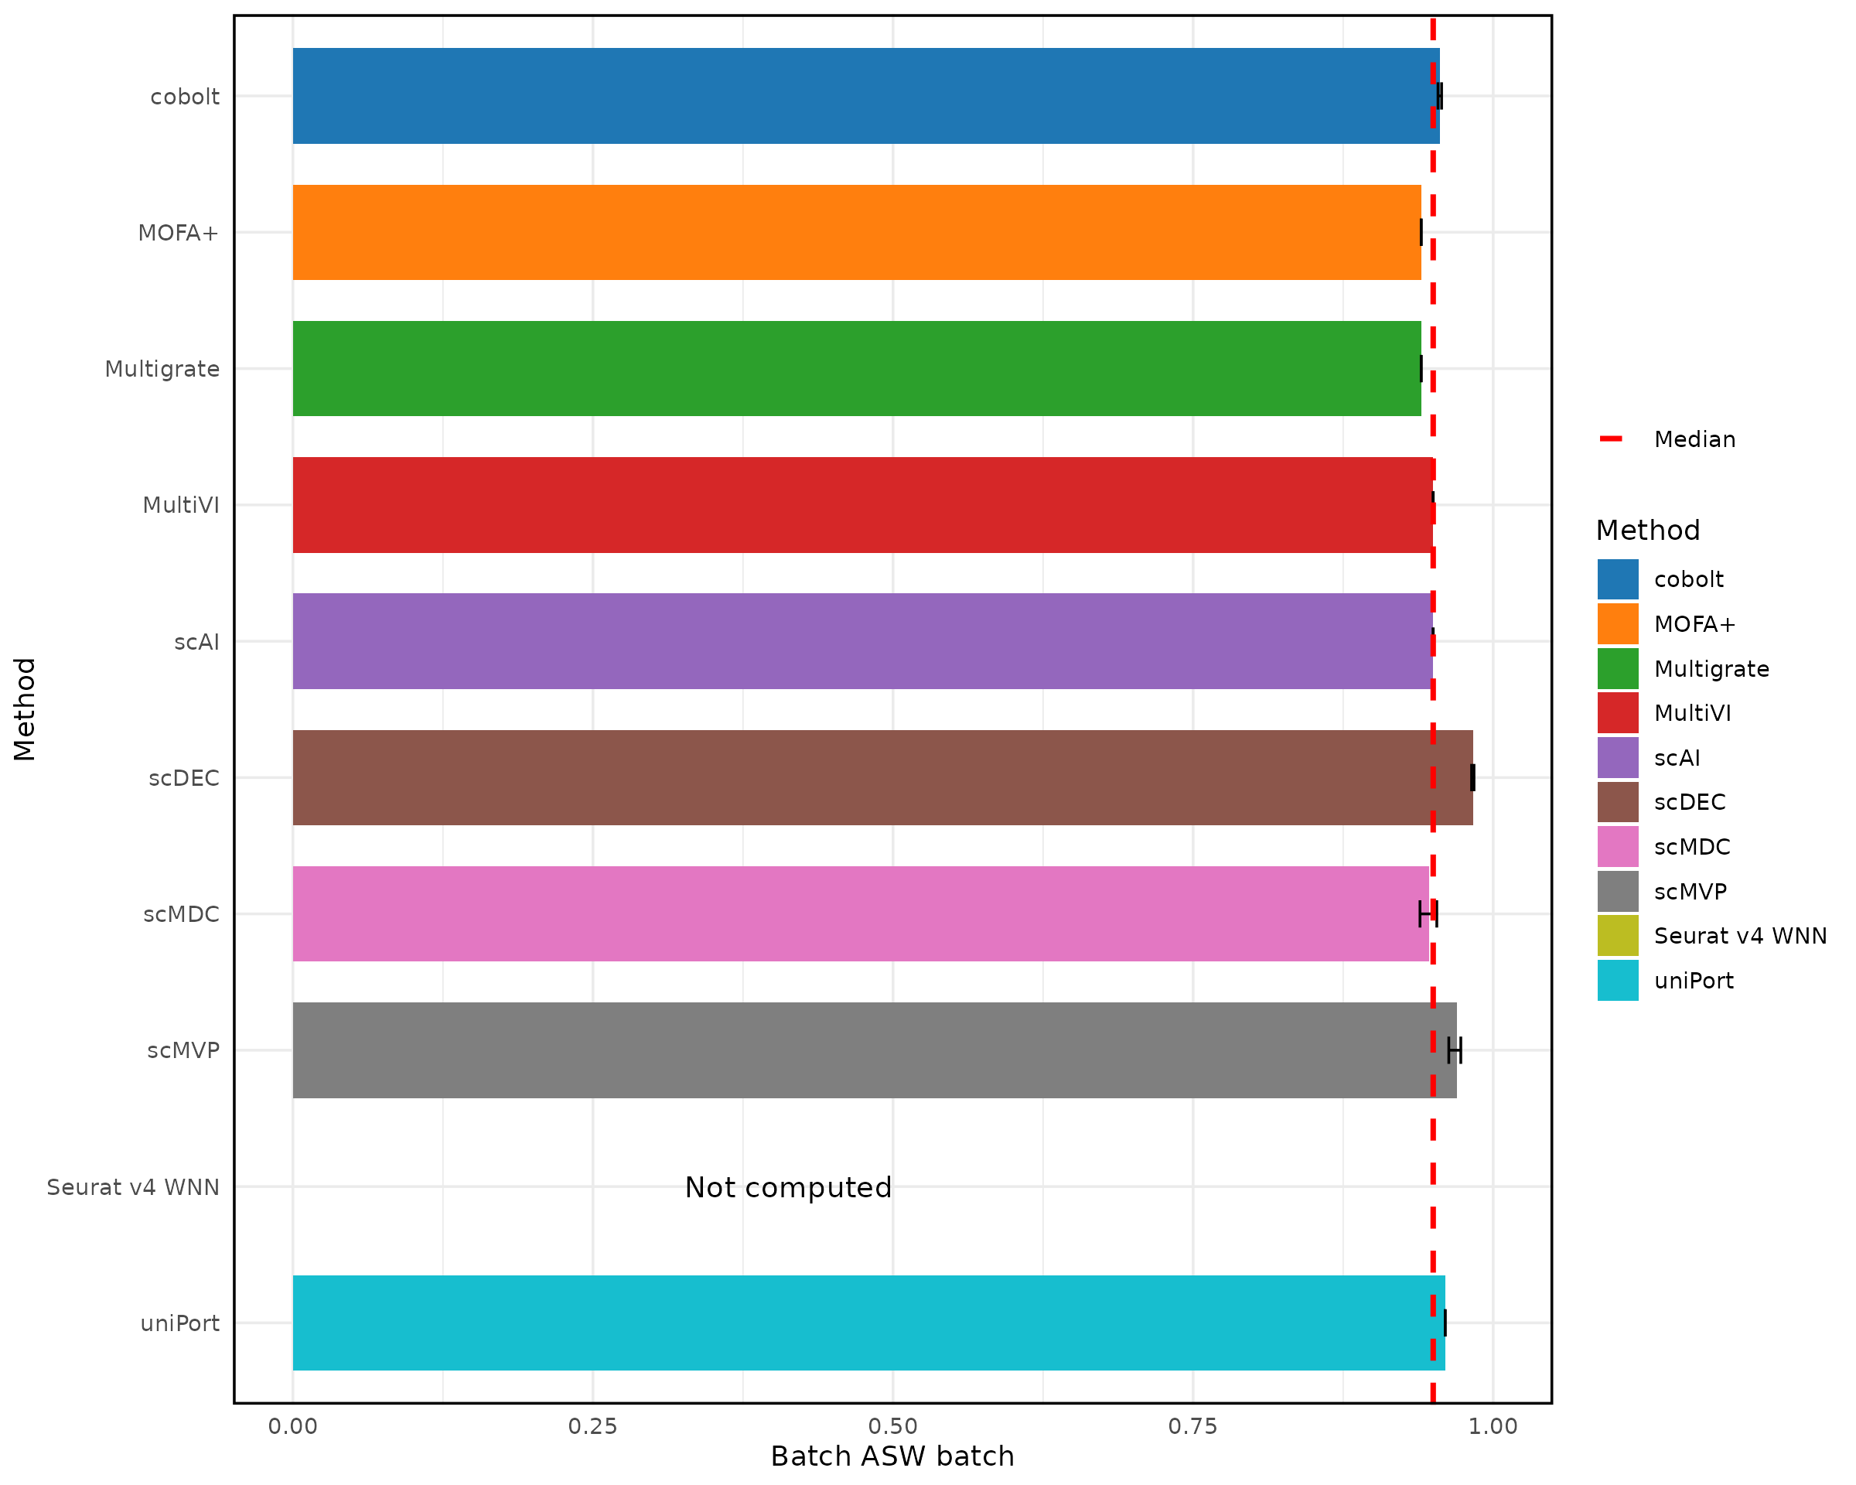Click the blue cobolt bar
[861, 96]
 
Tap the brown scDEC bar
[878, 777]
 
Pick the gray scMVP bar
[869, 1050]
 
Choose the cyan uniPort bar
[865, 1323]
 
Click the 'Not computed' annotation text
[788, 1188]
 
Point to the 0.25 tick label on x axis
[592, 1427]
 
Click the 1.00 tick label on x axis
[1493, 1427]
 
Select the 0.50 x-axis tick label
[892, 1427]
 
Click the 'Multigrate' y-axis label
[162, 369]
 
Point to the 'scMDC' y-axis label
[181, 914]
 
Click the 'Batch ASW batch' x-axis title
[892, 1456]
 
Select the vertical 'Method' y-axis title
[24, 708]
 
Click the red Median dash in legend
[1610, 439]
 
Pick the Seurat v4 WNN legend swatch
[1618, 936]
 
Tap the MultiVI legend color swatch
[1618, 713]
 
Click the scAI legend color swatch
[1618, 757]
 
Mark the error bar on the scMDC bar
[1428, 913]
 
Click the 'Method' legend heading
[1648, 531]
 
